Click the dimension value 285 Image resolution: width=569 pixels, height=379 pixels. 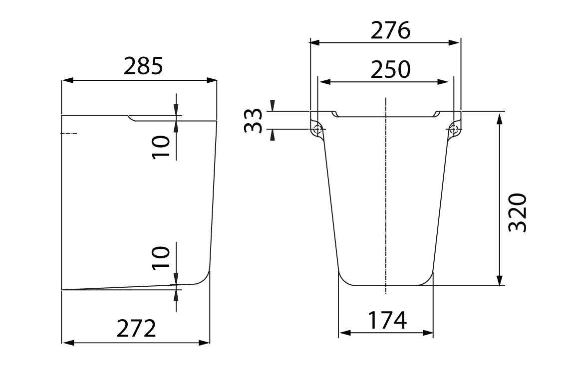pyautogui.click(x=143, y=66)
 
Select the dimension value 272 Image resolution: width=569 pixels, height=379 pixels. pyautogui.click(x=136, y=329)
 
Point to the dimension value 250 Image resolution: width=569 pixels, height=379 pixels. pyautogui.click(x=390, y=70)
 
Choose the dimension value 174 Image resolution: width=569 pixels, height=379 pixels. pyautogui.click(x=387, y=321)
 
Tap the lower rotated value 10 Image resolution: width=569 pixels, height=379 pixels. pyautogui.click(x=162, y=257)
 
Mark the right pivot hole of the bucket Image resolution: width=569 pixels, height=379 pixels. pyautogui.click(x=454, y=130)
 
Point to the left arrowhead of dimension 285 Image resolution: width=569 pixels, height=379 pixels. pyautogui.click(x=66, y=80)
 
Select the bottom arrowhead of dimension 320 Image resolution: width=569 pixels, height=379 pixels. pyautogui.click(x=499, y=281)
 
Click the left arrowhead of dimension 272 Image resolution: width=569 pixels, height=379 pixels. pyautogui.click(x=66, y=343)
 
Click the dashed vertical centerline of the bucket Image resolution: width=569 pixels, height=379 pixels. pyautogui.click(x=386, y=199)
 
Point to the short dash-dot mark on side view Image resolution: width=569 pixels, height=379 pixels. pyautogui.click(x=68, y=134)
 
